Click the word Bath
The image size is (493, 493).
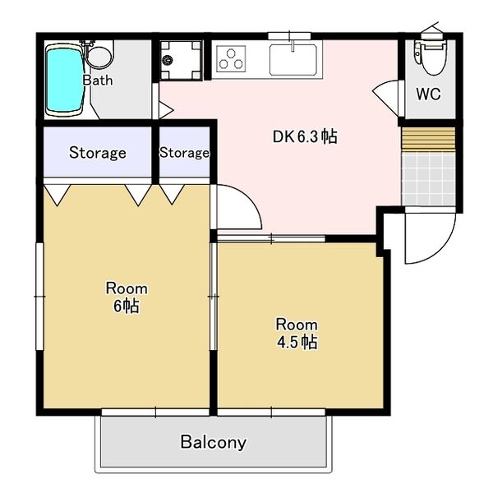click(x=98, y=81)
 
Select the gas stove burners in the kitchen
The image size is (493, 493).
click(x=231, y=59)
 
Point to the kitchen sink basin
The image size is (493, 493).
click(x=293, y=60)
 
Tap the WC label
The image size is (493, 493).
click(x=428, y=94)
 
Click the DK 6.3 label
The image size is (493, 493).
click(x=305, y=137)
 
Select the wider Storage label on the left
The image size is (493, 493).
click(x=98, y=153)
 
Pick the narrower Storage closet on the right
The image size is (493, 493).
click(x=185, y=152)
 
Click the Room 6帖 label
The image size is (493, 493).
click(x=127, y=297)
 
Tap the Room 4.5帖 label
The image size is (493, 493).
click(x=297, y=334)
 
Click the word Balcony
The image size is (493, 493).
click(x=213, y=442)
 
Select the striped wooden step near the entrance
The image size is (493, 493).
click(x=428, y=138)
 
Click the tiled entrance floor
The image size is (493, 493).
click(x=428, y=178)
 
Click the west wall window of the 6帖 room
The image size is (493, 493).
click(x=39, y=296)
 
